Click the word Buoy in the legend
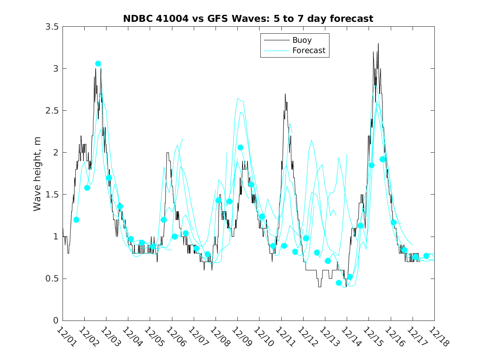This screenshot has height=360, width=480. point(302,40)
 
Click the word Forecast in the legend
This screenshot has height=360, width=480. point(309,51)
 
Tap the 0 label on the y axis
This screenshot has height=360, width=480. point(56,321)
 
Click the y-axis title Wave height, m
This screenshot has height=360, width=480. point(37,174)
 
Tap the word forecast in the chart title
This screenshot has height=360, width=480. point(354,19)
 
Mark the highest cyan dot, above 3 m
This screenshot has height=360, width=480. point(98,63)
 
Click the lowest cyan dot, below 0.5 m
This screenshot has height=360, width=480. point(339,283)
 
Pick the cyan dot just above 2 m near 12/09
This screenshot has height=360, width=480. point(240,147)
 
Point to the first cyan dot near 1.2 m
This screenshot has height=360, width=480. point(76,220)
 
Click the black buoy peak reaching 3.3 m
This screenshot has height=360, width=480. point(378,43)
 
